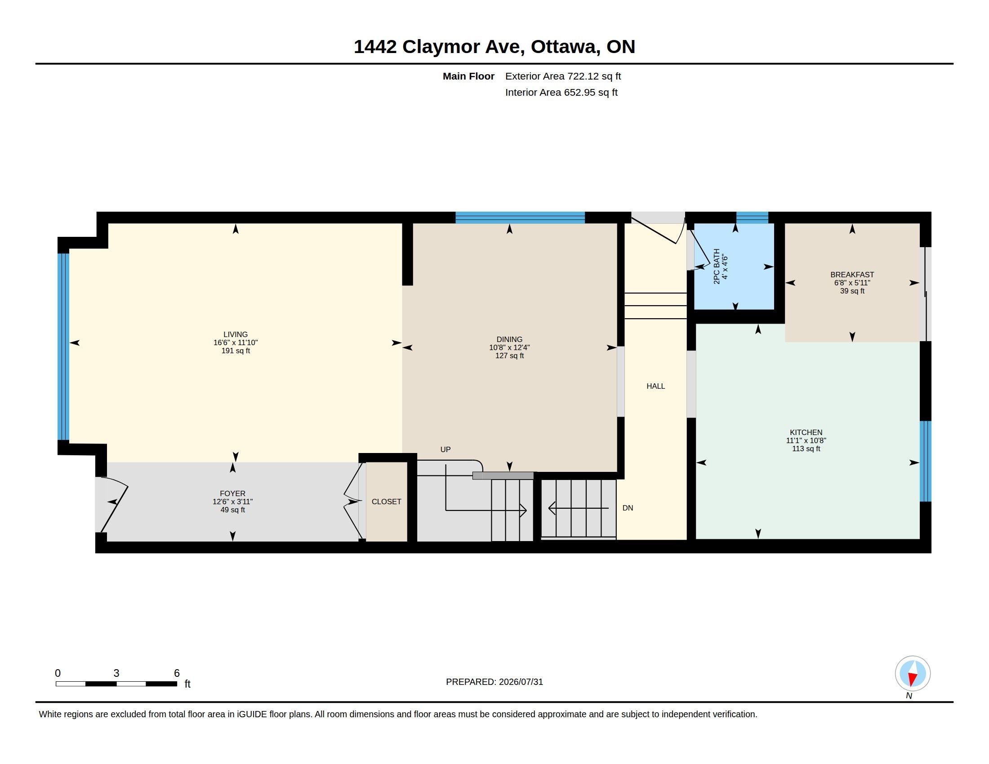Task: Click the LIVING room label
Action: coord(236,334)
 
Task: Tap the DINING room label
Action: coord(509,339)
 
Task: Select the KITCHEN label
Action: coord(806,432)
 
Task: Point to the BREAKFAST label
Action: coord(852,275)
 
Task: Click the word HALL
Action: coord(656,386)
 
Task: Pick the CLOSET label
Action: coord(386,502)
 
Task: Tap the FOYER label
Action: coord(233,493)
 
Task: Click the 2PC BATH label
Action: coord(717,267)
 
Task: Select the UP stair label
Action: coord(445,449)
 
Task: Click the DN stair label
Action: coord(628,508)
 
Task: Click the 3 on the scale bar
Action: coord(116,673)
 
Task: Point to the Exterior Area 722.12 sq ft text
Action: coord(563,76)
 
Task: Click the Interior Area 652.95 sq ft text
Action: coord(561,92)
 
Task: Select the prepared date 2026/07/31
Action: coord(521,682)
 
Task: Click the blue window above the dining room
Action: coord(520,218)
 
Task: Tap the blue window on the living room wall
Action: coord(63,346)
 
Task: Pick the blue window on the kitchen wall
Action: coord(925,461)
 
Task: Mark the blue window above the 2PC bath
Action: coord(752,218)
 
